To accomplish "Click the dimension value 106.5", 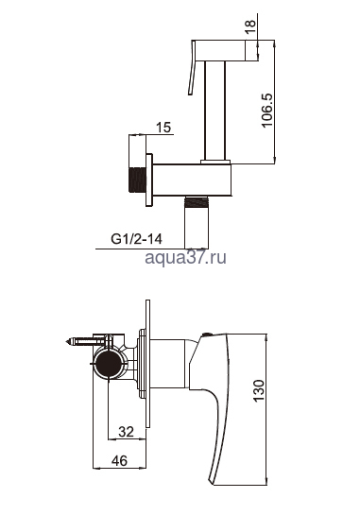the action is click(x=266, y=110).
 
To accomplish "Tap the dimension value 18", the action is click(x=250, y=26).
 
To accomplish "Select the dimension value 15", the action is click(x=163, y=128).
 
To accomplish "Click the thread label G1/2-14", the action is click(x=136, y=239).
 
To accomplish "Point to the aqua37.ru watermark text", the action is click(x=185, y=257).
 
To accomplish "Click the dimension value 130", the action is click(x=259, y=390).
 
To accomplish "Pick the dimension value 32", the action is click(x=126, y=432).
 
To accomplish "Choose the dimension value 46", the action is click(x=120, y=461).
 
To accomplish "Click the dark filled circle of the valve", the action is click(x=108, y=364).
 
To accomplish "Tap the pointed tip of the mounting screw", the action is click(x=67, y=341).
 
